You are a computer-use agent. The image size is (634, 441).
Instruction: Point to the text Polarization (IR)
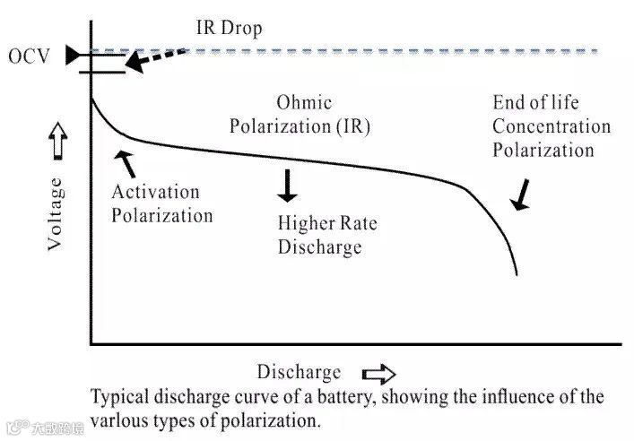(x=300, y=126)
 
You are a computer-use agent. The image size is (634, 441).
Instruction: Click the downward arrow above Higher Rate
(x=287, y=184)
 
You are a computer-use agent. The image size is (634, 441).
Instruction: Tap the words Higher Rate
(x=320, y=224)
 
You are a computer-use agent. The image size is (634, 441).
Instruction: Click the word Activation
(x=155, y=193)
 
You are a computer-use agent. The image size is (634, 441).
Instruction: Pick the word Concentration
(x=551, y=126)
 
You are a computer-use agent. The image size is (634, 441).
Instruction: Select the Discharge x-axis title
(x=299, y=372)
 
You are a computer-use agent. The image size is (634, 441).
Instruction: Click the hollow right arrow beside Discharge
(x=378, y=373)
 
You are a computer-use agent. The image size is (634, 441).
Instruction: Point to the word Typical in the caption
(x=121, y=396)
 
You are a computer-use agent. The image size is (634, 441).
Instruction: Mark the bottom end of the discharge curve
(x=517, y=273)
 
